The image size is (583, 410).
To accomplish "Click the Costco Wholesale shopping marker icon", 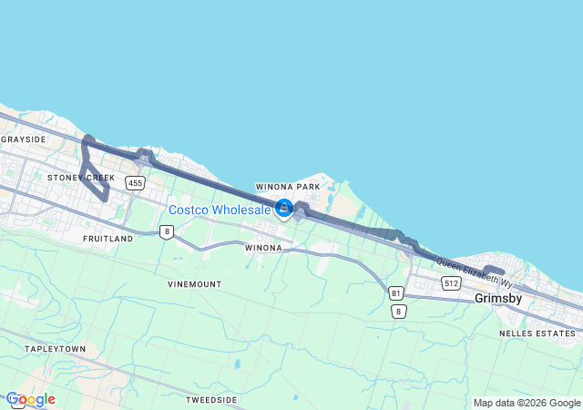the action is [283, 209].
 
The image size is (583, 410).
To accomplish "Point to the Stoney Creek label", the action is [81, 177].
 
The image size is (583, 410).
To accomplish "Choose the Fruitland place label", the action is [107, 239].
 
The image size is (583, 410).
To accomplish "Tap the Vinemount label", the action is [194, 284].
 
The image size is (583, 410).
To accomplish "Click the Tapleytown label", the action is [55, 349].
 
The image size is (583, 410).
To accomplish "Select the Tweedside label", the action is [211, 400].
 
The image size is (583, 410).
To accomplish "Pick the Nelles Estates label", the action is [537, 333].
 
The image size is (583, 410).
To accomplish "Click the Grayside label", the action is [24, 139].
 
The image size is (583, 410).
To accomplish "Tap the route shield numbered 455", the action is [136, 183].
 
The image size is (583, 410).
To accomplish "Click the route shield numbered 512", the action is [451, 283].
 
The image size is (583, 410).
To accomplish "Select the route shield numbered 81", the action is [395, 293].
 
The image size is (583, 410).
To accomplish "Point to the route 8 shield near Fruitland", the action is [166, 231].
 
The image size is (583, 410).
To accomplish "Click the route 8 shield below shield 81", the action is [398, 312].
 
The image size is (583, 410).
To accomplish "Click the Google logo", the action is [31, 399].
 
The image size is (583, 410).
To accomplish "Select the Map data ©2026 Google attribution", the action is [527, 403].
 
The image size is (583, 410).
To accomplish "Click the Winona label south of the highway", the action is [262, 246].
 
